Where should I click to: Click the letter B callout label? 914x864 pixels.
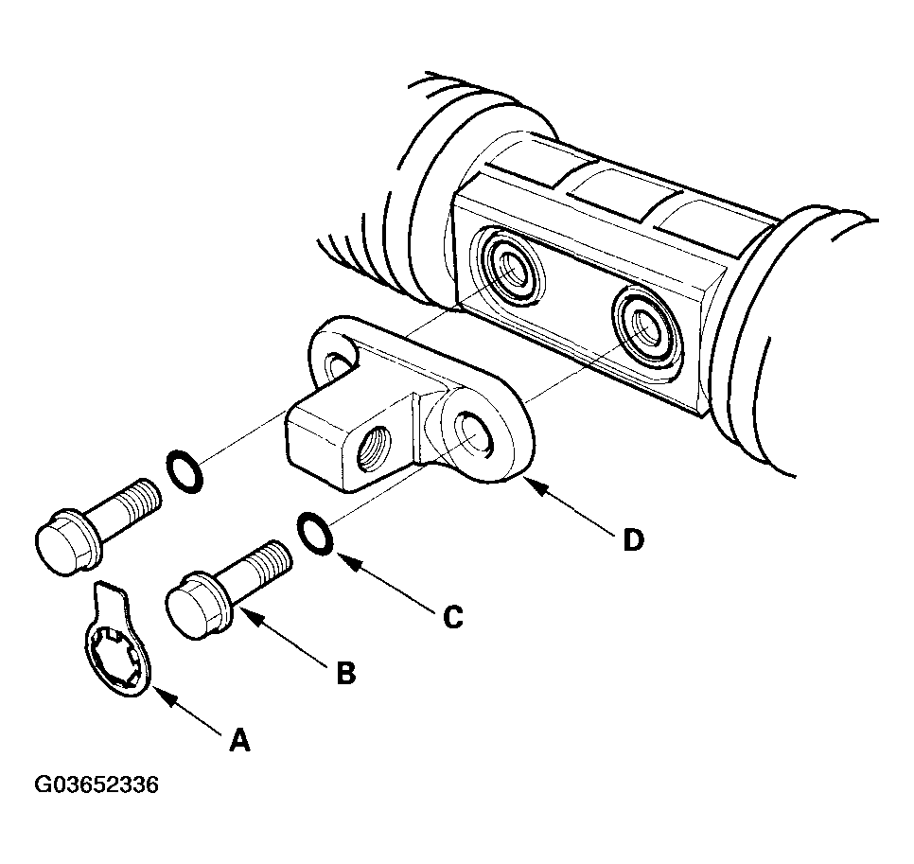click(x=346, y=673)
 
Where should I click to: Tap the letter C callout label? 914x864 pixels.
click(x=453, y=617)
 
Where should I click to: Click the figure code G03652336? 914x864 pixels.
click(x=97, y=785)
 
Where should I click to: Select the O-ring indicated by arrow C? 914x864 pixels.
click(x=314, y=532)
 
